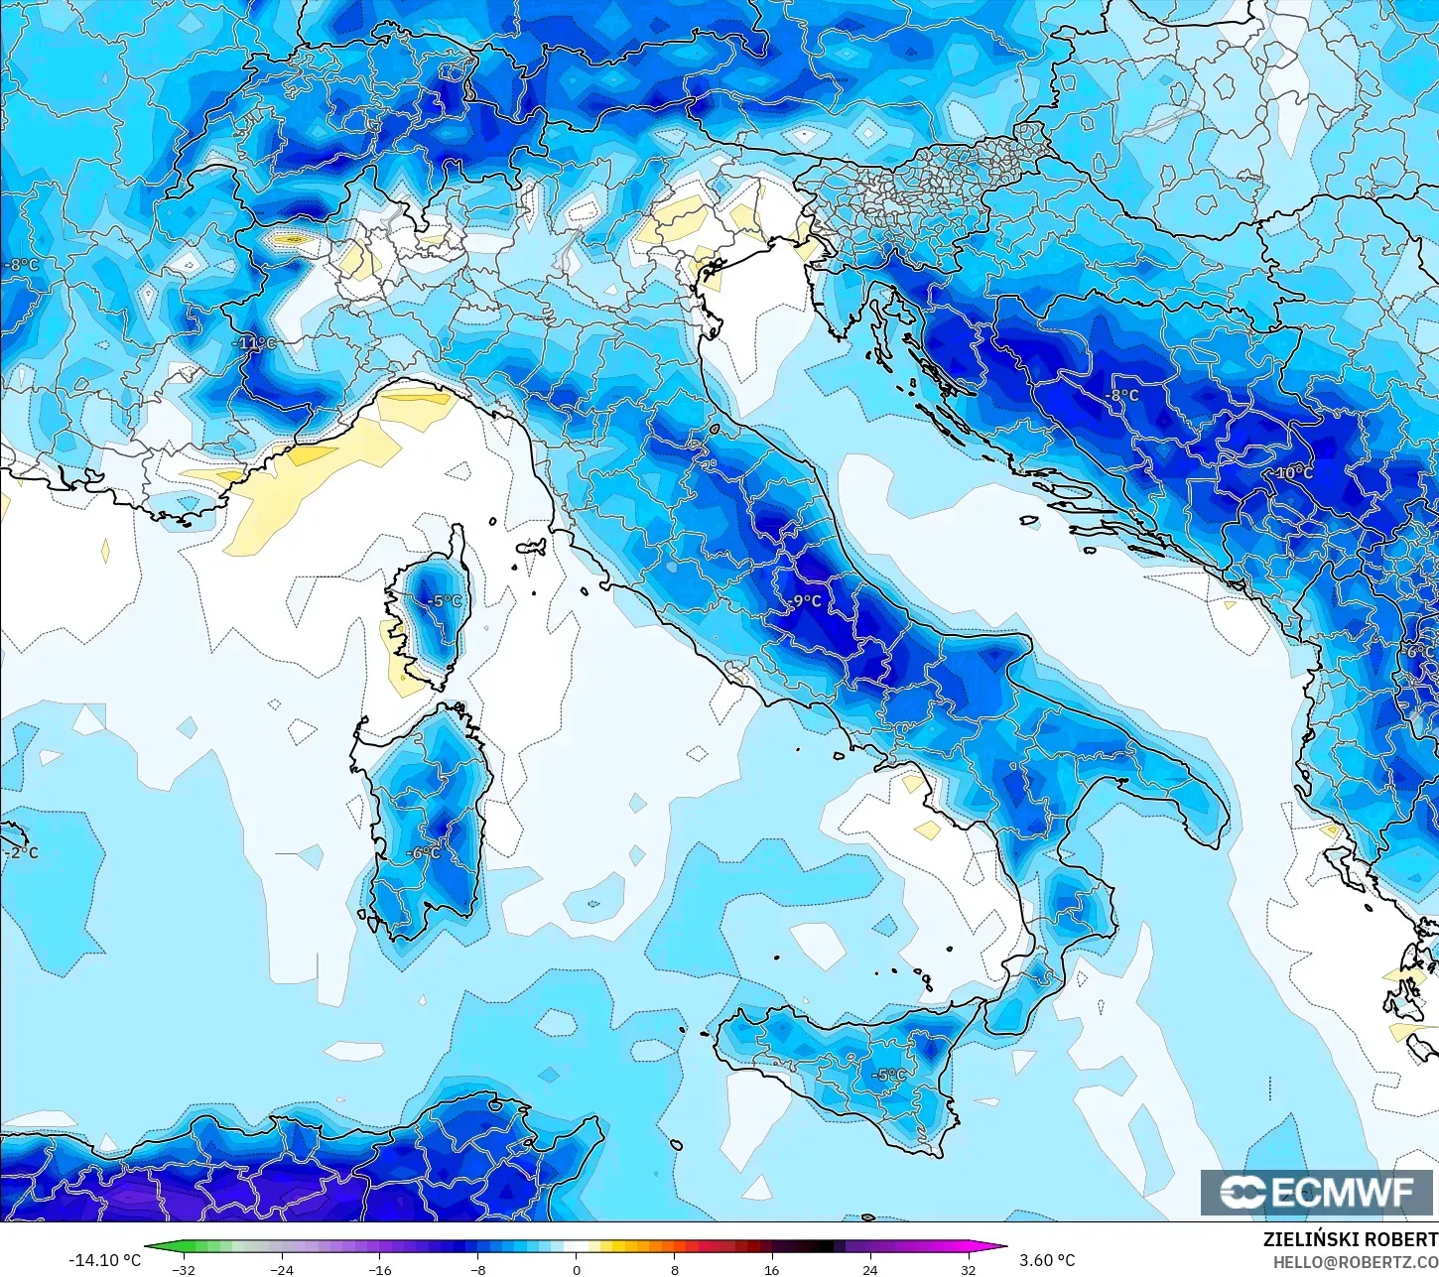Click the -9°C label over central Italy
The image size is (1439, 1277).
806,601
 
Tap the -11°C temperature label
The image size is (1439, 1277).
255,343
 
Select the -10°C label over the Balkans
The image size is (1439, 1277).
1292,473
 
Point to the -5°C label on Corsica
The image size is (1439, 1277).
444,601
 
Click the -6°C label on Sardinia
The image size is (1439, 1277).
423,853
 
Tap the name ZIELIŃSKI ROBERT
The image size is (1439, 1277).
1350,1239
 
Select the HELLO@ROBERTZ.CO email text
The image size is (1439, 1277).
1356,1261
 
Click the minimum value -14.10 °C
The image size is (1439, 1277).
104,1260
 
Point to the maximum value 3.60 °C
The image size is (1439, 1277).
1047,1260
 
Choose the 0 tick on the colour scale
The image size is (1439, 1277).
576,1269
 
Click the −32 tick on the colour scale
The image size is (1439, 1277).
184,1269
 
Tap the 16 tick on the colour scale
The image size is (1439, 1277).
771,1269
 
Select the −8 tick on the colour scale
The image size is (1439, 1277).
477,1269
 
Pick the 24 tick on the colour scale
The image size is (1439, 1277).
869,1269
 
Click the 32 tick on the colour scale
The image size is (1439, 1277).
968,1269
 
